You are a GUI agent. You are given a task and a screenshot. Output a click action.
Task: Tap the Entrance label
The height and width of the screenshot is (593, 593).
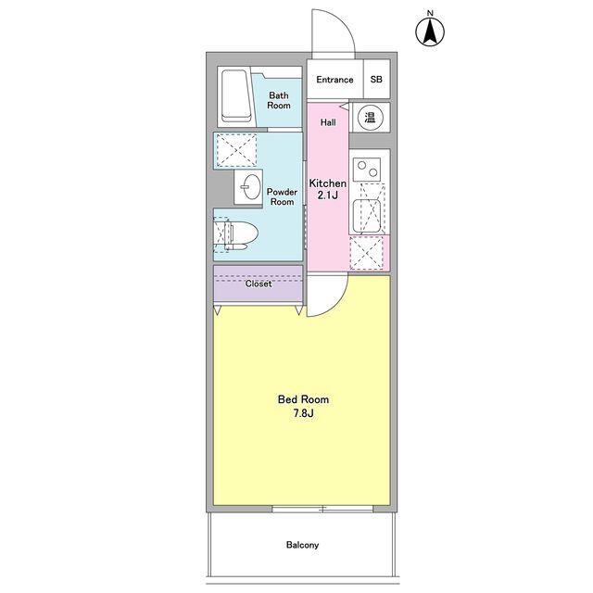334,80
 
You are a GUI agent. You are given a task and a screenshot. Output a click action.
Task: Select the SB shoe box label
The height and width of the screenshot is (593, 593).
376,80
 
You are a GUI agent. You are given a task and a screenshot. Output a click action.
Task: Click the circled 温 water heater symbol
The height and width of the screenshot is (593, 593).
370,117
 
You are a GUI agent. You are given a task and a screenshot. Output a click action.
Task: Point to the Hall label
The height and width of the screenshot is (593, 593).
328,122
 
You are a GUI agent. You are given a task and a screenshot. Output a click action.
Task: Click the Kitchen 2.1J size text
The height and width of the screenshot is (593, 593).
327,189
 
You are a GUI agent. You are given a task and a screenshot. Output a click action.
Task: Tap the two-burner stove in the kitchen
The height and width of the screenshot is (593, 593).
367,170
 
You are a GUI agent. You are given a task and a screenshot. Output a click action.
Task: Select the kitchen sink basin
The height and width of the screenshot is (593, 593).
367,216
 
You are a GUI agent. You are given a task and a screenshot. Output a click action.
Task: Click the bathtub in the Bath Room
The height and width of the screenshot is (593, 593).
237,96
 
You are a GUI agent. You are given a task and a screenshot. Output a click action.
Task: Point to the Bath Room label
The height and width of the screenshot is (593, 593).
279,101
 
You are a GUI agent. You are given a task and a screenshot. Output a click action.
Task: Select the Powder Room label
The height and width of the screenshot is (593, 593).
282,196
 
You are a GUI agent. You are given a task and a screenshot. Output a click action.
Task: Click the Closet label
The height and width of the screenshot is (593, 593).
259,284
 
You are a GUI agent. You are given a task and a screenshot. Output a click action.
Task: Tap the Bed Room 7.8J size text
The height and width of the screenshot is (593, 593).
303,406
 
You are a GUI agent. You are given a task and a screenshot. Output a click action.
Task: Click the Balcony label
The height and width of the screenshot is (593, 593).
302,545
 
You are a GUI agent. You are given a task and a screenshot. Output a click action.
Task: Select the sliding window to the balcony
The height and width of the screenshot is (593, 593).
322,510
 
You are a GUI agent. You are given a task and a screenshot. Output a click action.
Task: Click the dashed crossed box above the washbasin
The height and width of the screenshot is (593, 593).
236,150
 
